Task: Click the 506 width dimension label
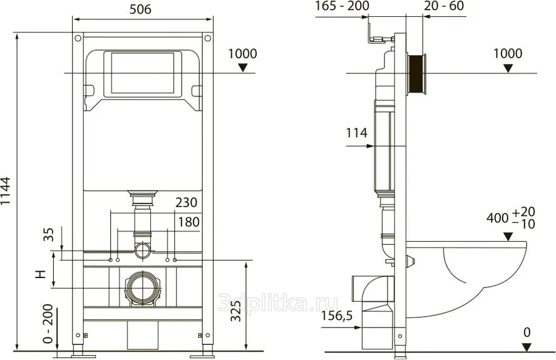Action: pyautogui.click(x=140, y=9)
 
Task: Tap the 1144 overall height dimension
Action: pyautogui.click(x=6, y=191)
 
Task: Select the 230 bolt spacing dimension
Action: pyautogui.click(x=186, y=202)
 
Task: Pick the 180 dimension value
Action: pyautogui.click(x=188, y=222)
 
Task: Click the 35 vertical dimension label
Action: pyautogui.click(x=49, y=234)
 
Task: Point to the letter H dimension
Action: pyautogui.click(x=41, y=274)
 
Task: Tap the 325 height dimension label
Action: pyautogui.click(x=236, y=311)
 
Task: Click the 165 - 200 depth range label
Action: pyautogui.click(x=342, y=6)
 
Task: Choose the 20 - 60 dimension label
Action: pyautogui.click(x=445, y=6)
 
